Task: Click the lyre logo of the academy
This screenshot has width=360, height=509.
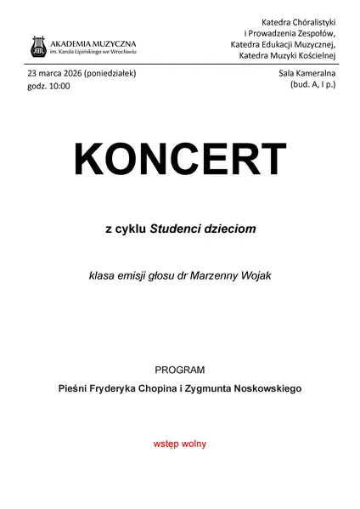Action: pyautogui.click(x=37, y=46)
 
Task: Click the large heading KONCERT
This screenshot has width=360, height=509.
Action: pyautogui.click(x=179, y=159)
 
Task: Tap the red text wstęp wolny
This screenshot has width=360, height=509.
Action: pyautogui.click(x=179, y=444)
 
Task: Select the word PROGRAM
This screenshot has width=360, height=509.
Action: pyautogui.click(x=180, y=370)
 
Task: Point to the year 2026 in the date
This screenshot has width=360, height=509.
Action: pyautogui.click(x=70, y=72)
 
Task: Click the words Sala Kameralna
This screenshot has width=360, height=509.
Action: pyautogui.click(x=308, y=72)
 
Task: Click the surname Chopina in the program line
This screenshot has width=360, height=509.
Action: pyautogui.click(x=152, y=388)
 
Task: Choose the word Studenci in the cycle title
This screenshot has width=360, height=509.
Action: pyautogui.click(x=175, y=229)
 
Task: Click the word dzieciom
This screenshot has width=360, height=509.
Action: pyautogui.click(x=228, y=229)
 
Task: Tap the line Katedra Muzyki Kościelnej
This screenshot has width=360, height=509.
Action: pyautogui.click(x=288, y=56)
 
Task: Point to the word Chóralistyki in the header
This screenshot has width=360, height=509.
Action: pyautogui.click(x=310, y=19)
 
